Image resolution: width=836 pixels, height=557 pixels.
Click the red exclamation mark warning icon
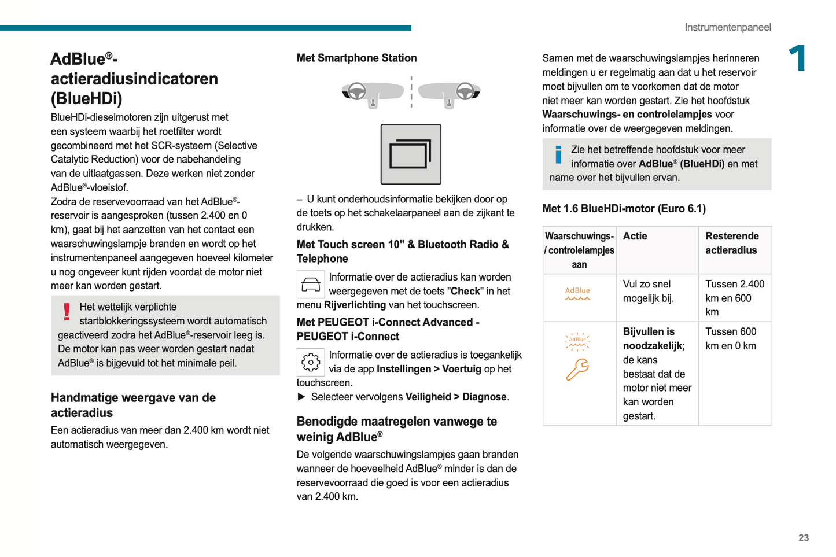click(x=67, y=312)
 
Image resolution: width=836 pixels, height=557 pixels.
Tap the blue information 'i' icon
click(x=558, y=154)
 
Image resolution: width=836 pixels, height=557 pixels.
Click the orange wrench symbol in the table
click(x=577, y=370)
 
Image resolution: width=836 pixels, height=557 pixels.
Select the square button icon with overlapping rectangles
click(x=411, y=154)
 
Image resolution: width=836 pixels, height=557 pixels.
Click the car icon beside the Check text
click(x=311, y=285)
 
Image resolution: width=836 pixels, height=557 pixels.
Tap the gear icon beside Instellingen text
click(x=311, y=362)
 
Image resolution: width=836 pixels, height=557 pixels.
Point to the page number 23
click(x=804, y=538)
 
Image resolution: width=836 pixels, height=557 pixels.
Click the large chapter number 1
click(x=798, y=58)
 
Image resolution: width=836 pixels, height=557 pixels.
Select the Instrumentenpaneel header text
click(x=727, y=27)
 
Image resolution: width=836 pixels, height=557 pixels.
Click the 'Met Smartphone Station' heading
click(x=356, y=58)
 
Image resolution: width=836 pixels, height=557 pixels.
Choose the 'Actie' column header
click(x=635, y=236)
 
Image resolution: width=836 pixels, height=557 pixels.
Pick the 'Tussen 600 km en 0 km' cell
click(x=731, y=339)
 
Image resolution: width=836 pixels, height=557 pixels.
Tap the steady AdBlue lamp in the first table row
click(x=577, y=294)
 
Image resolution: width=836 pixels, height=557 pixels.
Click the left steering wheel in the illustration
click(x=356, y=91)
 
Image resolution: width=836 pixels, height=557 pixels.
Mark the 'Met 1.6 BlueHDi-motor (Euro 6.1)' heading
click(x=624, y=208)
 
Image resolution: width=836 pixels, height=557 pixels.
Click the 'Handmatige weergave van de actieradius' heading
click(x=133, y=405)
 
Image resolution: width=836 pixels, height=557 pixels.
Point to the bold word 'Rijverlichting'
click(x=355, y=305)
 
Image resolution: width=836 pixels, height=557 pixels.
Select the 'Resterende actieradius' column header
click(x=732, y=243)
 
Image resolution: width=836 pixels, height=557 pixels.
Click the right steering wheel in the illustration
click(x=465, y=91)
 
